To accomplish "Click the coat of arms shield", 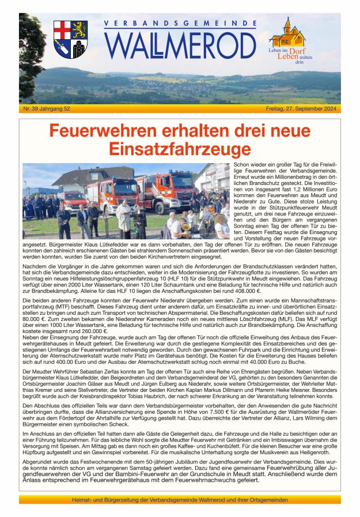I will point(70,39).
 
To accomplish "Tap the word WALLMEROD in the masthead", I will point(180,46).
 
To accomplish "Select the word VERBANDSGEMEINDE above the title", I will point(180,24).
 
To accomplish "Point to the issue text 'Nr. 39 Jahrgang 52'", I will point(47,108).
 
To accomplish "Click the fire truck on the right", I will point(164,192).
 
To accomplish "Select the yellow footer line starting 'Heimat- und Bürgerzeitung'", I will point(180,499).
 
